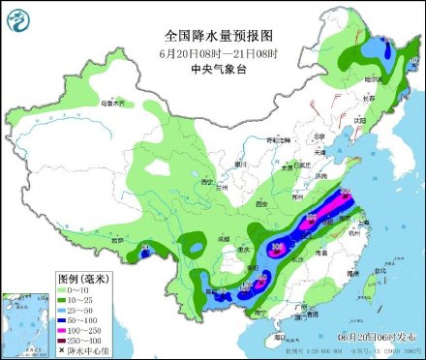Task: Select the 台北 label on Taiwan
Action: click(379, 277)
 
